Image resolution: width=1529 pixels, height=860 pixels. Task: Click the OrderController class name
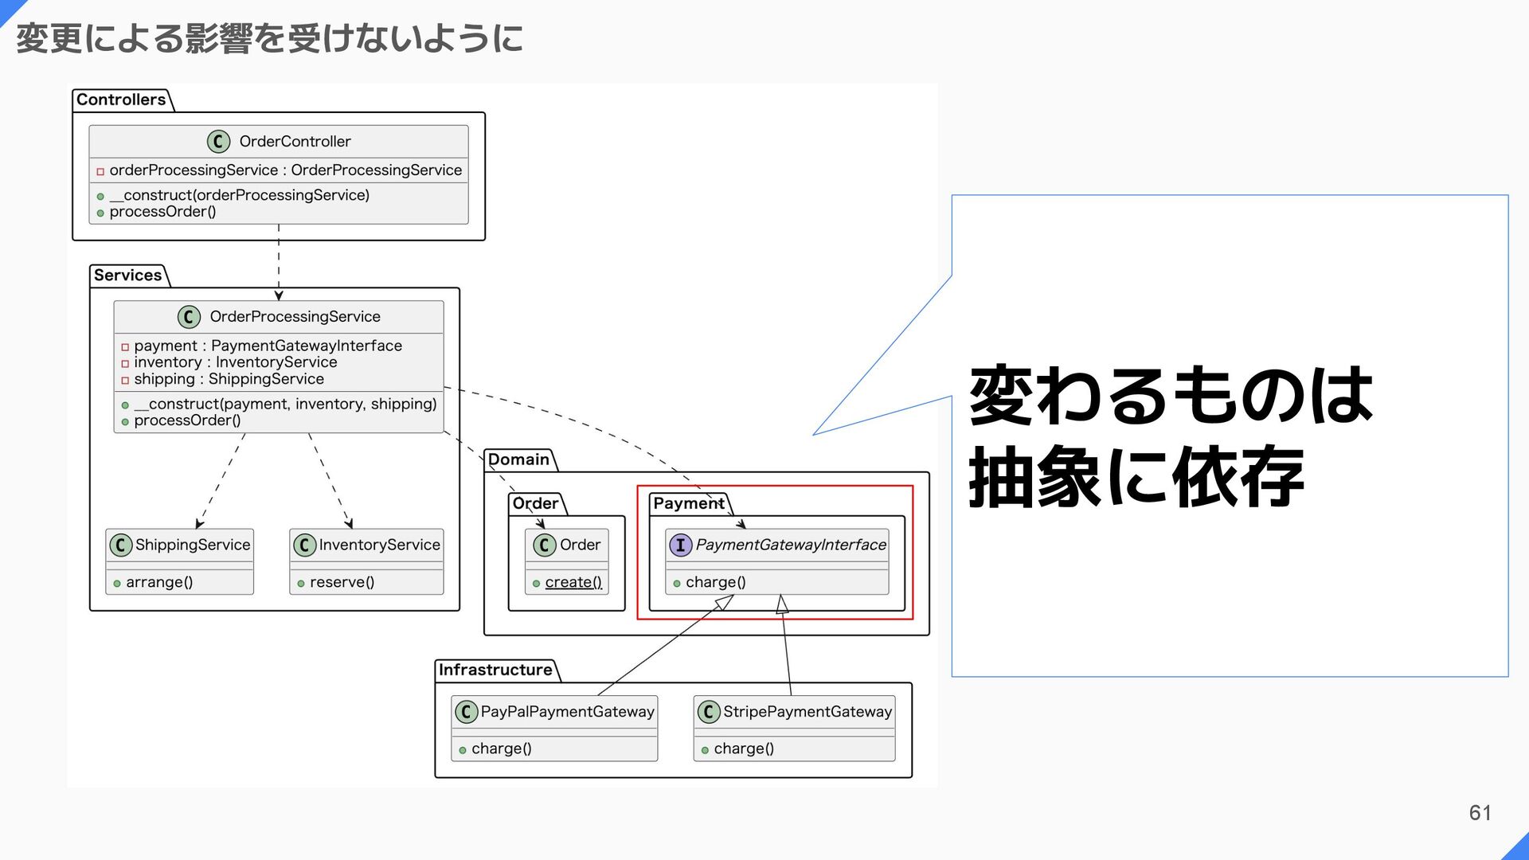click(295, 142)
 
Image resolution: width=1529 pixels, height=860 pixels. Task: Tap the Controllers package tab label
click(121, 100)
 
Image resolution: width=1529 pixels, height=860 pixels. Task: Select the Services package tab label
click(127, 276)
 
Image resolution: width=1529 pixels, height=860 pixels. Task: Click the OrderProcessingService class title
click(295, 317)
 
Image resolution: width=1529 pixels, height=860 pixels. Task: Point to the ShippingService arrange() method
click(159, 582)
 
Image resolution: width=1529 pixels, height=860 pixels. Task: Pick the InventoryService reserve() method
click(342, 582)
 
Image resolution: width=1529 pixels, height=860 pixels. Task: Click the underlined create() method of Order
click(573, 582)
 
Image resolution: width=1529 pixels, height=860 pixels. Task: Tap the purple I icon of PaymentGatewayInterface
click(680, 545)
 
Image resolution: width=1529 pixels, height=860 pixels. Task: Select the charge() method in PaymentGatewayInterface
click(715, 582)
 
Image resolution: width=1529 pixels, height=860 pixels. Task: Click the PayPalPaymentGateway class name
click(567, 712)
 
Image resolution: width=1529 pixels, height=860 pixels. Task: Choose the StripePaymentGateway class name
click(808, 712)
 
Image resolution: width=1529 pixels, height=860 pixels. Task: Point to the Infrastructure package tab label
click(495, 670)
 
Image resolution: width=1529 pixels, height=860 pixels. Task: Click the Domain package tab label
click(518, 459)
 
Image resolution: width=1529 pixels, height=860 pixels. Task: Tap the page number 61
click(1480, 813)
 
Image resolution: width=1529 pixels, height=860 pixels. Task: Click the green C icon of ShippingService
click(120, 545)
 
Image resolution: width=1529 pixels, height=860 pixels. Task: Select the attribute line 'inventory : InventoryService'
click(235, 362)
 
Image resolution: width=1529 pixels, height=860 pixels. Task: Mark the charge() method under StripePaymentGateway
click(743, 749)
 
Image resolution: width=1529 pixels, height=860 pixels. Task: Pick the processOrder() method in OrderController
click(162, 212)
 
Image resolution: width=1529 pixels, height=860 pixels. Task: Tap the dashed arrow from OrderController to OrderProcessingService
click(279, 263)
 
